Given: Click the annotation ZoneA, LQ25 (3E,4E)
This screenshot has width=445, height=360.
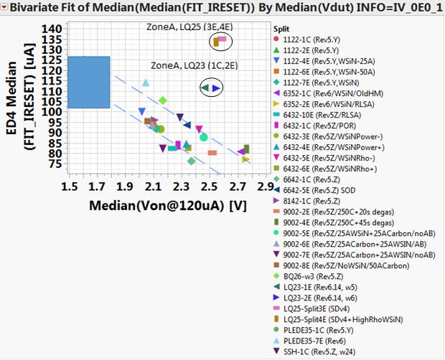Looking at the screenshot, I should click(186, 26).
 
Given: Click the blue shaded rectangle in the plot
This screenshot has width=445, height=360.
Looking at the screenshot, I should click(89, 82).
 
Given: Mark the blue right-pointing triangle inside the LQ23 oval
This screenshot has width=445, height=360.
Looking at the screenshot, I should click(216, 87).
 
